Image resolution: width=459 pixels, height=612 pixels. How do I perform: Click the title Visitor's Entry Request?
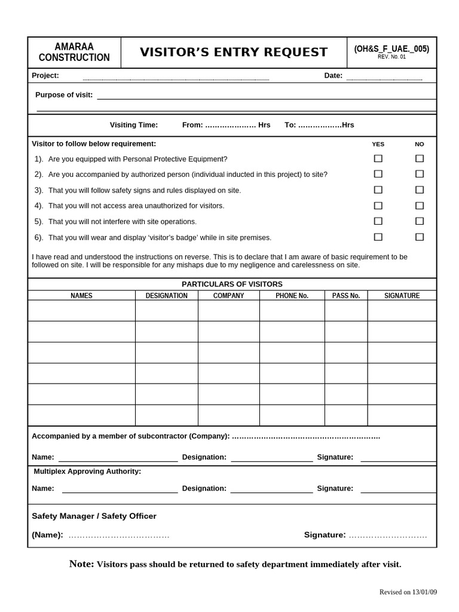tap(234, 53)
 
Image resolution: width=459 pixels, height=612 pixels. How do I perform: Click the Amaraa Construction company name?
tap(74, 53)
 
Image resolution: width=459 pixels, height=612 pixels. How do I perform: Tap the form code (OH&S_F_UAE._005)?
tap(391, 49)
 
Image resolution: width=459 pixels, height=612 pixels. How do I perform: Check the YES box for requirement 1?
tap(378, 158)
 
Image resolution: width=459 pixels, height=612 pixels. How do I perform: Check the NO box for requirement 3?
tap(420, 190)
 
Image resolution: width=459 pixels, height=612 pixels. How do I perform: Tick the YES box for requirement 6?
tap(378, 237)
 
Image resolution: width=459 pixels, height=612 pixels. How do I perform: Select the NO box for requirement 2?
tap(420, 174)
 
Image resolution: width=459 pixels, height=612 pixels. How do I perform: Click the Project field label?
tap(45, 75)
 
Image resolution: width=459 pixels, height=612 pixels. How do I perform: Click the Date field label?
tap(333, 75)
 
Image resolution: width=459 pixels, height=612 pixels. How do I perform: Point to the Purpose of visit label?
tap(64, 94)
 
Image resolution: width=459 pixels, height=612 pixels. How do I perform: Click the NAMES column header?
tap(81, 296)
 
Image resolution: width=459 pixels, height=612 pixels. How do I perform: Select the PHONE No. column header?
tap(292, 296)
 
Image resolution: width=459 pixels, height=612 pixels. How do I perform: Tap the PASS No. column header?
tap(346, 296)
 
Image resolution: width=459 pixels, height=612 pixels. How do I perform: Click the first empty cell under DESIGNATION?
tap(166, 311)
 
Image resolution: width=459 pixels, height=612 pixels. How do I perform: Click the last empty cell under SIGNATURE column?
tap(402, 415)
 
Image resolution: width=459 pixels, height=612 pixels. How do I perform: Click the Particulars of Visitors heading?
tap(232, 284)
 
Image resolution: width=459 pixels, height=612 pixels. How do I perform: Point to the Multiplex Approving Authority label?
tap(87, 472)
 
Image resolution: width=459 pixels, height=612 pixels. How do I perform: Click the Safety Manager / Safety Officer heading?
tap(94, 516)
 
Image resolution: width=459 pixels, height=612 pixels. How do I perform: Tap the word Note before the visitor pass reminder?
tap(81, 564)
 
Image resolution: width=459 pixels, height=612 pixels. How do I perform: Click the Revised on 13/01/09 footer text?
tap(408, 592)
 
